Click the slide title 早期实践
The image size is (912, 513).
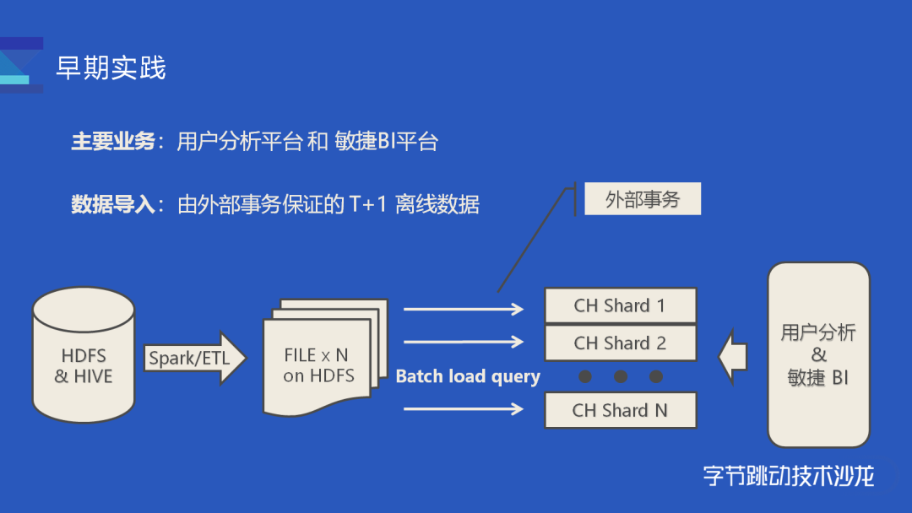pyautogui.click(x=111, y=67)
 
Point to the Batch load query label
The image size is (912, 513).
pyautogui.click(x=468, y=376)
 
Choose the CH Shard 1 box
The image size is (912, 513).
pyautogui.click(x=620, y=305)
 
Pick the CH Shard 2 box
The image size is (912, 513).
pyautogui.click(x=620, y=343)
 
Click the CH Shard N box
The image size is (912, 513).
pyautogui.click(x=620, y=411)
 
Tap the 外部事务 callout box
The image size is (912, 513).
pyautogui.click(x=642, y=200)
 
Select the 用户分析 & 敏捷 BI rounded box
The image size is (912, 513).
pyautogui.click(x=817, y=354)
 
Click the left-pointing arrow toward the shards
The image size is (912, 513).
pyautogui.click(x=733, y=356)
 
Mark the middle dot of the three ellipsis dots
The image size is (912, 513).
pyautogui.click(x=621, y=376)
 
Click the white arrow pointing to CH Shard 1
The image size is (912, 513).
pyautogui.click(x=464, y=310)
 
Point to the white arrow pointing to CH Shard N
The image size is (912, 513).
pyautogui.click(x=464, y=409)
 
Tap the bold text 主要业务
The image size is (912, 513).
pyautogui.click(x=113, y=142)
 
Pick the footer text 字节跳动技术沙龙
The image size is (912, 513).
pyautogui.click(x=788, y=476)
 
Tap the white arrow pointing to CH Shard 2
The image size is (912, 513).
pyautogui.click(x=464, y=342)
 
